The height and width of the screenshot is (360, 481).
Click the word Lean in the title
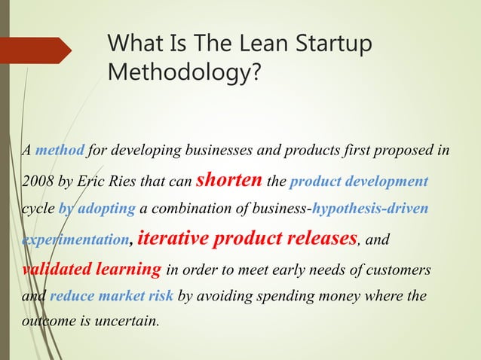pyautogui.click(x=260, y=45)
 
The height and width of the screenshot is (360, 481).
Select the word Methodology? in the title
pyautogui.click(x=185, y=74)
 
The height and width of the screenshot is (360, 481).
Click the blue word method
pyautogui.click(x=60, y=149)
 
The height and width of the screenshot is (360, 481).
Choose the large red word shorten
pyautogui.click(x=228, y=180)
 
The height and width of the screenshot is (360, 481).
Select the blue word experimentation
pyautogui.click(x=74, y=239)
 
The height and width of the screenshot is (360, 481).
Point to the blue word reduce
pyautogui.click(x=70, y=297)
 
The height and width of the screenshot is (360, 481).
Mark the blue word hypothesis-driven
pyautogui.click(x=370, y=209)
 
